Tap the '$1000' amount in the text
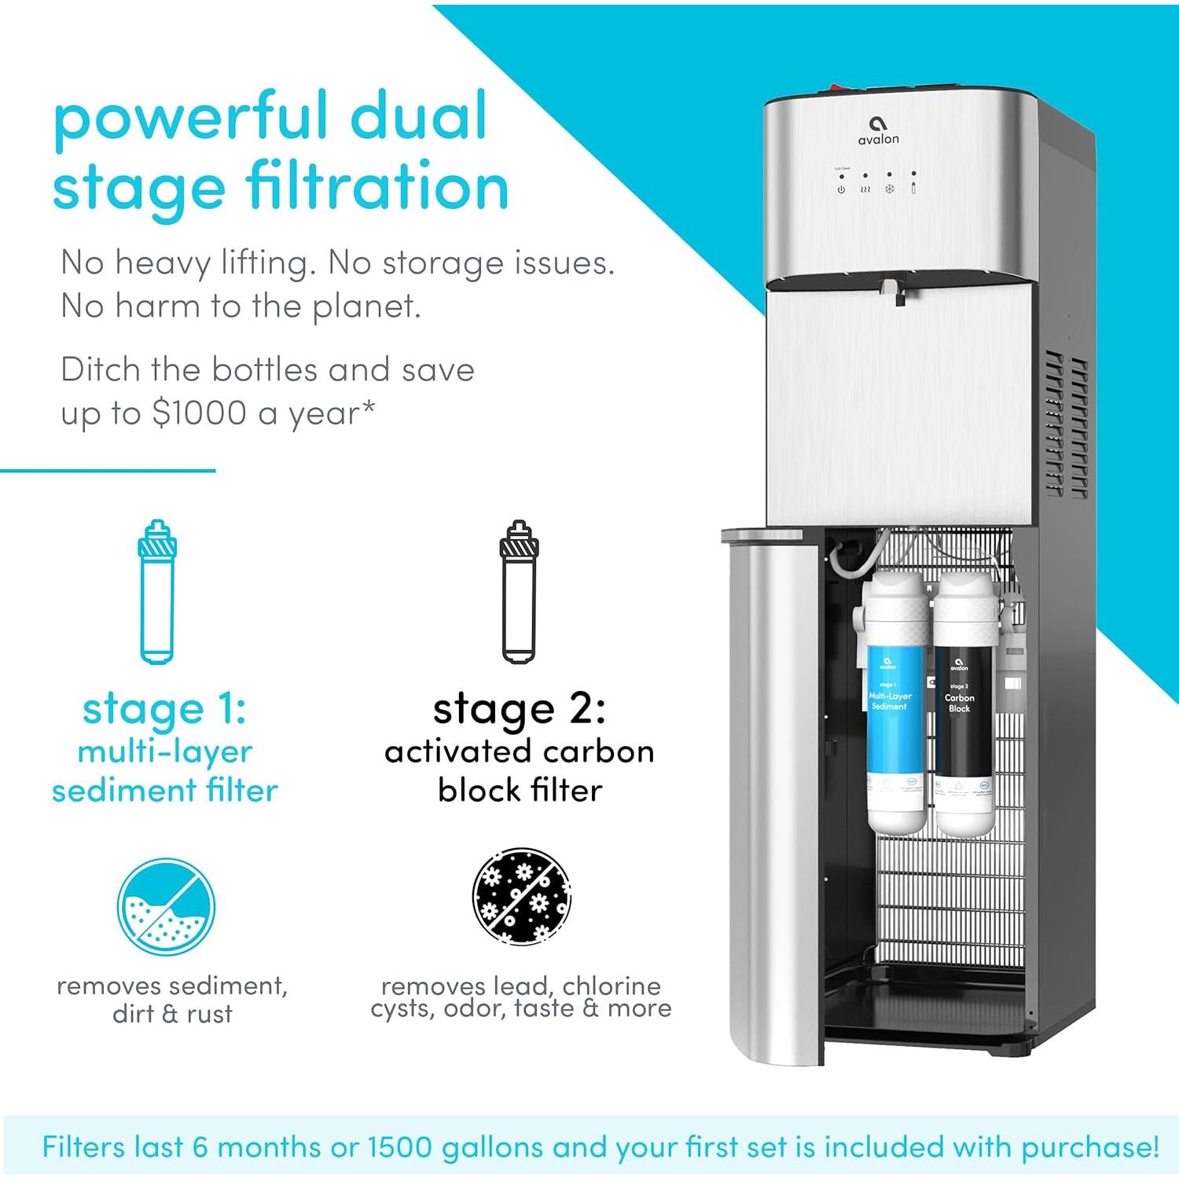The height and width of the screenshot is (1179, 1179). click(x=200, y=413)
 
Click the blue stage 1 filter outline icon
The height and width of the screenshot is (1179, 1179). click(x=156, y=592)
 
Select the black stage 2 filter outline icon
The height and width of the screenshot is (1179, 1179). click(x=519, y=592)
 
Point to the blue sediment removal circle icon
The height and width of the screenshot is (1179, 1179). click(x=166, y=907)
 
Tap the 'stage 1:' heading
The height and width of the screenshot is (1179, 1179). click(x=164, y=709)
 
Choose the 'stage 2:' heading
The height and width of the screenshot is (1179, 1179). click(x=519, y=709)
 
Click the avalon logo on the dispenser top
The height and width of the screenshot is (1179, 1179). click(x=878, y=130)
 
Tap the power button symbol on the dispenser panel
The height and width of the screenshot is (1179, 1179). click(x=841, y=189)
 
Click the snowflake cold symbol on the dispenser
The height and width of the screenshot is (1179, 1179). click(x=890, y=189)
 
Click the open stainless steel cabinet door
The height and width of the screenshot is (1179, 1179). click(x=774, y=794)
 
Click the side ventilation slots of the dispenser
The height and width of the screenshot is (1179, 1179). click(x=1065, y=424)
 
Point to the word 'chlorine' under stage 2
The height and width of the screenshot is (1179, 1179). click(x=612, y=986)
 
